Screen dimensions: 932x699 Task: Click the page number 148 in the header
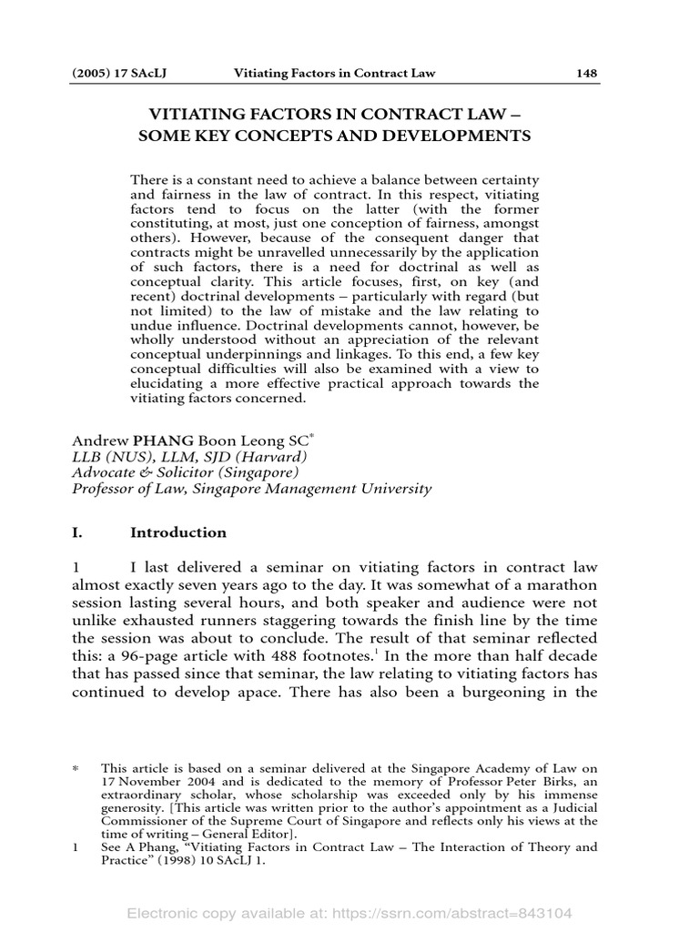[x=586, y=74]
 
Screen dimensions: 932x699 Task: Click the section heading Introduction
[x=178, y=532]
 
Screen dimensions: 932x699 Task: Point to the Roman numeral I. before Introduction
[x=76, y=532]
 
